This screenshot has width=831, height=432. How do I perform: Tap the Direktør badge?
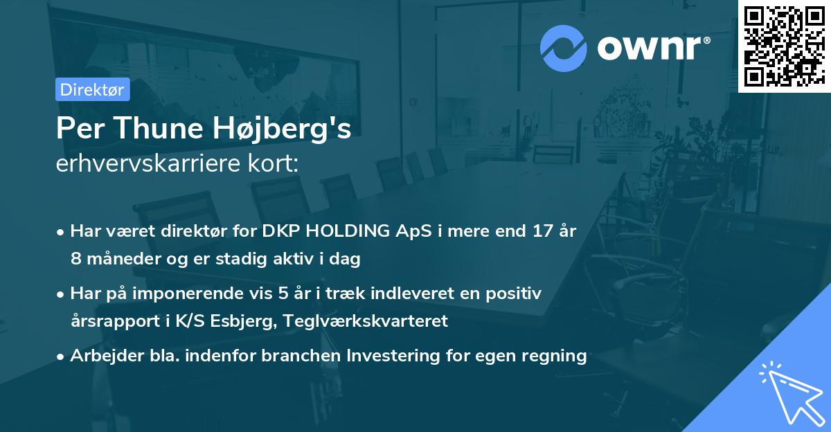click(92, 89)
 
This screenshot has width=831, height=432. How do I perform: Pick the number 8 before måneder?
click(75, 260)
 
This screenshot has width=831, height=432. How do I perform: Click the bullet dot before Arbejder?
click(62, 357)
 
